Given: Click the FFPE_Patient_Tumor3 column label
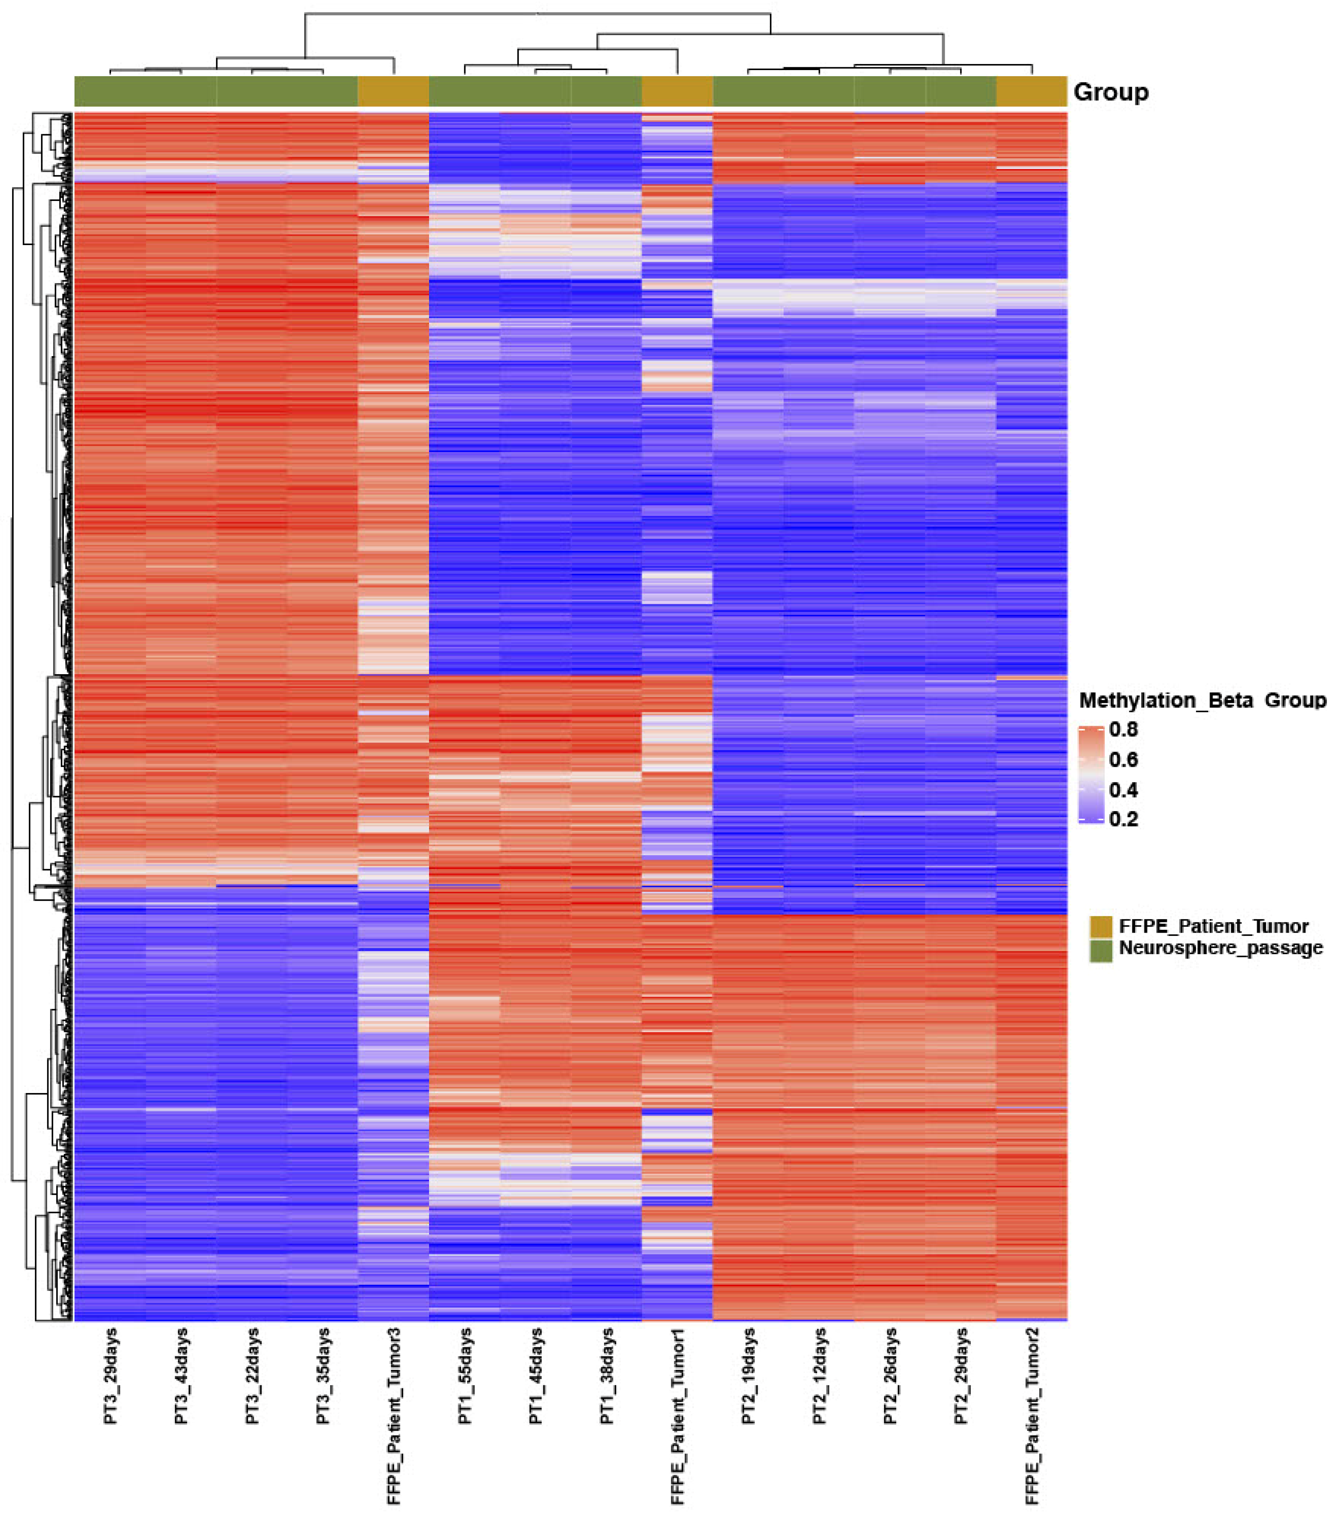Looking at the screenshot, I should [394, 1415].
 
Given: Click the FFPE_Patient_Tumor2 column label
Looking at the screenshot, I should [1032, 1415].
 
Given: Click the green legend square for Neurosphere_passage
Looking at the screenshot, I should [1101, 950].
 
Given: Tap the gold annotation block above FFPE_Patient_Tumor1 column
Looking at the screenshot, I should [677, 91].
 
